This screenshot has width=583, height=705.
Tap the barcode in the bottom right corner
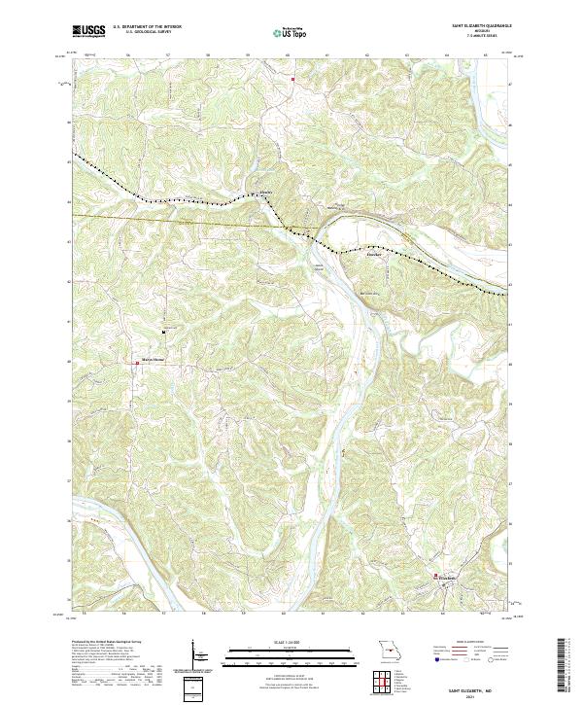[568, 664]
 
